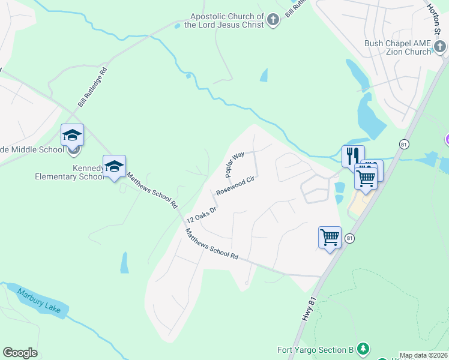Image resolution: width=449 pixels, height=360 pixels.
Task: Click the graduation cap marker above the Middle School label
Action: (72, 134)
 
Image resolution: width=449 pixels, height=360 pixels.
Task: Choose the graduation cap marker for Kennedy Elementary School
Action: (114, 166)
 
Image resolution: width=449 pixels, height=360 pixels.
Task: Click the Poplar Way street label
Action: (235, 164)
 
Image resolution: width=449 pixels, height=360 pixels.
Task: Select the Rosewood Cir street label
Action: (236, 185)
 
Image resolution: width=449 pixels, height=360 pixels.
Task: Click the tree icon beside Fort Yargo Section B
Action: (363, 349)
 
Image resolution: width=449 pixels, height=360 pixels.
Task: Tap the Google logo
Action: (20, 353)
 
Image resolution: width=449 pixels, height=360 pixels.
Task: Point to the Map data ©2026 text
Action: (424, 355)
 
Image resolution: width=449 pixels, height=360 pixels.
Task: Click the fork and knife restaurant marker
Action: (352, 155)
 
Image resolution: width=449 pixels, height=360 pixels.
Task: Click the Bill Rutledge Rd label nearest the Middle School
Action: (92, 87)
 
